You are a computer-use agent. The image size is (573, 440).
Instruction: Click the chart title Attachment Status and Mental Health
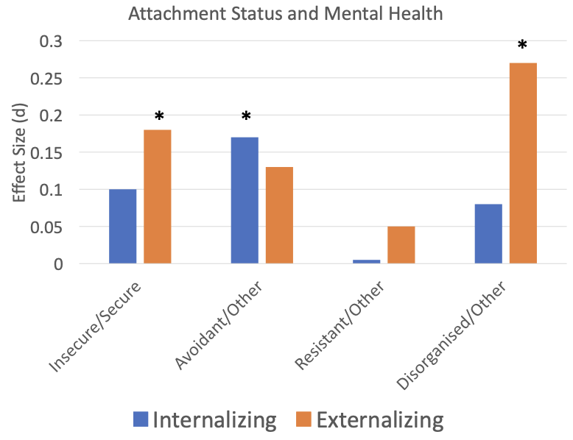(x=286, y=13)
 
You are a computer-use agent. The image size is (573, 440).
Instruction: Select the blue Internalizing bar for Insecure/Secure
(x=122, y=226)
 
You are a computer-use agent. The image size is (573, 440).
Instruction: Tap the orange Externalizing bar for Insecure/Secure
(x=157, y=196)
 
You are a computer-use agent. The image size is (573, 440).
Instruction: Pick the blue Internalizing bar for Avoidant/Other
(x=245, y=200)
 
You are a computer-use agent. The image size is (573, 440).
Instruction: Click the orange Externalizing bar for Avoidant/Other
(x=279, y=215)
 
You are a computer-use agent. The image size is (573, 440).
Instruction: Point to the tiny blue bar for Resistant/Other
(x=366, y=261)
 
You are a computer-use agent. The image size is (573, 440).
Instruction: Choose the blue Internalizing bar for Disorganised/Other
(x=488, y=233)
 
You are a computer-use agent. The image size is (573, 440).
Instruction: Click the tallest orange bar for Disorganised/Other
(x=523, y=163)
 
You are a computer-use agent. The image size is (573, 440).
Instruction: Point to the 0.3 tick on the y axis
(x=57, y=41)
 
